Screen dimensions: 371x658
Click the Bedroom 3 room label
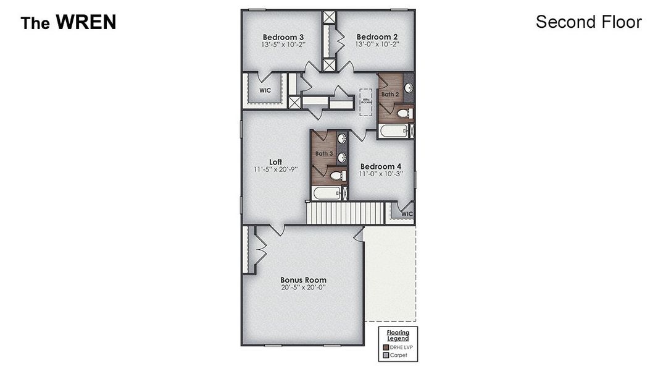tap(282, 36)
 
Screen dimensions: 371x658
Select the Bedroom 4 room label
tap(381, 166)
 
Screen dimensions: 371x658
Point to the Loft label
tap(275, 162)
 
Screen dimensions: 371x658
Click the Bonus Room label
tap(303, 279)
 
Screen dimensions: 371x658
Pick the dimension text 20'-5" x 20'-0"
tap(303, 288)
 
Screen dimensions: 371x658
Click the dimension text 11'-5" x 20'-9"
tap(275, 169)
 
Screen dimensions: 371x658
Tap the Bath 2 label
tap(389, 95)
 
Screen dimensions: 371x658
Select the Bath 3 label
tap(324, 153)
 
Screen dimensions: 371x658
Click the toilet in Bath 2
tap(403, 114)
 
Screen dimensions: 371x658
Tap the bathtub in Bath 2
tap(393, 131)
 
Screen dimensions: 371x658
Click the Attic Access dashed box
tap(365, 101)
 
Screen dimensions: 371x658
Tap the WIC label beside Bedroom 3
tap(265, 90)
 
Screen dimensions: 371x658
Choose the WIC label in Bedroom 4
tap(406, 214)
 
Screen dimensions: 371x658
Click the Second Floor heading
tap(588, 22)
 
